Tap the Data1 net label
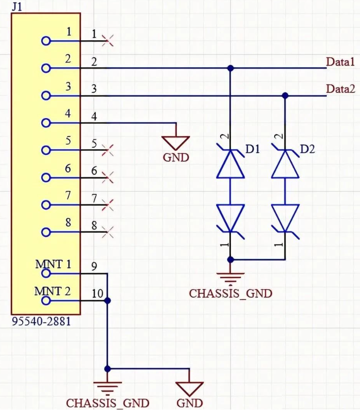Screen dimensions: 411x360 click(x=340, y=62)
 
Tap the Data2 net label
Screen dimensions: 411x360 click(x=340, y=89)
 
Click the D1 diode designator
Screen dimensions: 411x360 click(x=252, y=150)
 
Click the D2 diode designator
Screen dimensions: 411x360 click(x=307, y=150)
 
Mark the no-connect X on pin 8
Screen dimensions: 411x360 click(x=108, y=232)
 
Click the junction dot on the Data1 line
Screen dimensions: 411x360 click(x=231, y=68)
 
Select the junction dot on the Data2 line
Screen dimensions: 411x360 click(x=285, y=96)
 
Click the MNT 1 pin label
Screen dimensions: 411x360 click(x=53, y=264)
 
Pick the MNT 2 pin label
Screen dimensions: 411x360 click(x=53, y=291)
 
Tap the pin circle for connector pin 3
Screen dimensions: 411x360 click(x=46, y=96)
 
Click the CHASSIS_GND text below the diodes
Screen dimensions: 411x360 click(x=231, y=293)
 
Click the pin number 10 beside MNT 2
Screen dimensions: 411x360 click(x=97, y=294)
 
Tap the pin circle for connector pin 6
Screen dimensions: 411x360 click(x=46, y=178)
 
